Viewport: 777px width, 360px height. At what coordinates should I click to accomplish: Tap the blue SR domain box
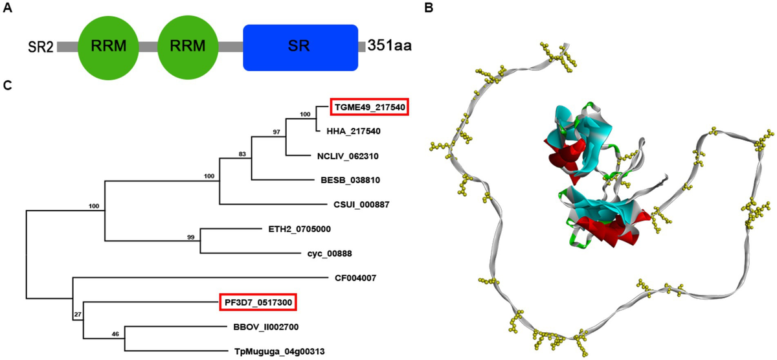[300, 47]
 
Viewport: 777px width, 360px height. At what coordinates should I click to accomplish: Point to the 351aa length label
[390, 47]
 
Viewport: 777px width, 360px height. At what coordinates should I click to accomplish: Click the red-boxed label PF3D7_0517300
[260, 302]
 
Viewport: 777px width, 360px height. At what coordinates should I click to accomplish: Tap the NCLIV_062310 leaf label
[348, 155]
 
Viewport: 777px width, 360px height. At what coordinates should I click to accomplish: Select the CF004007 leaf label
[356, 278]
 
